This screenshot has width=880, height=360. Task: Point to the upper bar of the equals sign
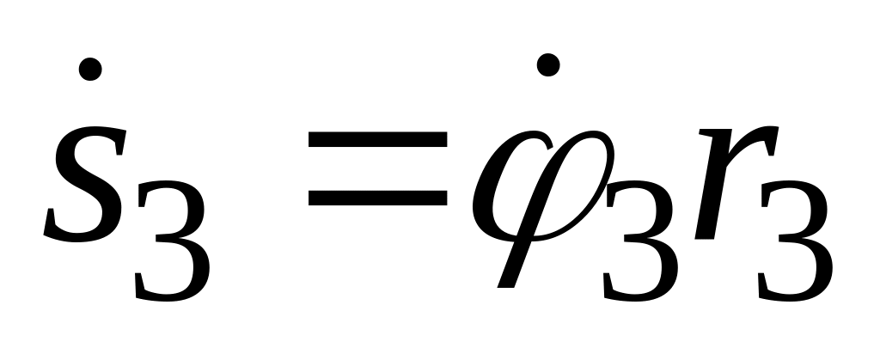tap(377, 143)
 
